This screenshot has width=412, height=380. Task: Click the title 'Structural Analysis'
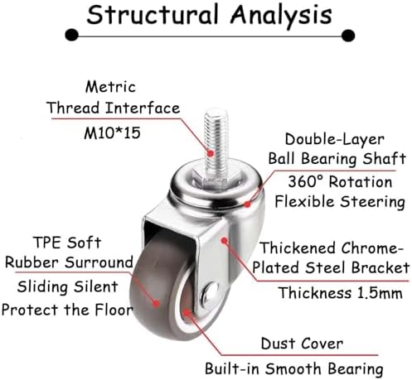(x=209, y=15)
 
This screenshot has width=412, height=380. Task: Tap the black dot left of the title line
(x=72, y=36)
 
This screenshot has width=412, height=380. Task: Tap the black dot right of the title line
(x=348, y=36)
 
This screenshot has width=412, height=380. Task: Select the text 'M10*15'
(x=112, y=133)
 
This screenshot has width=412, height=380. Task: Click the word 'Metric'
(x=110, y=87)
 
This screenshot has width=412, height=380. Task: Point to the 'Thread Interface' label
(x=114, y=108)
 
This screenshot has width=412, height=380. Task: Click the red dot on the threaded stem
(x=211, y=153)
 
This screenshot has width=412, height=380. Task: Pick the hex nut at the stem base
(x=212, y=179)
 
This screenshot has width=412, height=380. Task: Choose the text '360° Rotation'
(x=340, y=182)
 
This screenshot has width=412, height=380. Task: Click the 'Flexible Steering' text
(x=340, y=201)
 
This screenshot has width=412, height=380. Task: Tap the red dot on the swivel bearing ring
(x=248, y=204)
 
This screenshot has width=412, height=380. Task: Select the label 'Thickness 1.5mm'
(x=340, y=293)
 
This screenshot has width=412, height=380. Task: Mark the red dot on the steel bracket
(x=225, y=241)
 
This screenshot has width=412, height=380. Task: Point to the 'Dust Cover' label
(x=302, y=344)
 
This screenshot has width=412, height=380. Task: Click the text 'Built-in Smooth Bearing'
(x=294, y=369)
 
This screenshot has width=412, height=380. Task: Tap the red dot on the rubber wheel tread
(x=156, y=304)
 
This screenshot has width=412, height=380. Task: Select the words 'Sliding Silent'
(x=68, y=286)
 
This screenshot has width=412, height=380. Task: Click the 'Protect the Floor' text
(x=67, y=310)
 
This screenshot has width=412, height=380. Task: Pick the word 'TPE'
(x=47, y=243)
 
